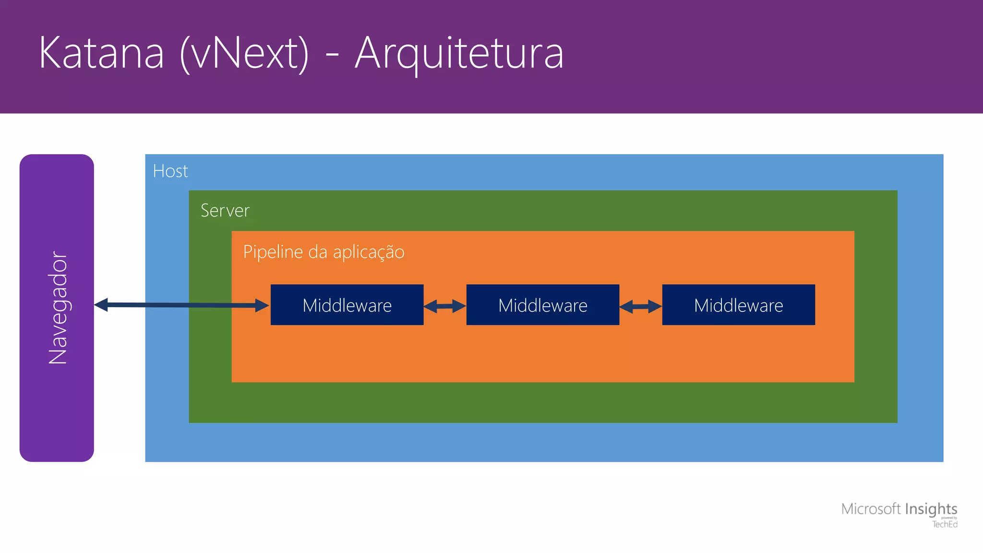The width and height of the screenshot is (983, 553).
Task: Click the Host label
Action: pyautogui.click(x=170, y=171)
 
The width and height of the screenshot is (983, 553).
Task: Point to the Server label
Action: pyautogui.click(x=225, y=211)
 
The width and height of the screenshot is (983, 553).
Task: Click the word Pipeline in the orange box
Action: pyautogui.click(x=273, y=252)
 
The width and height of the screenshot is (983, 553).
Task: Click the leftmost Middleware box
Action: pyautogui.click(x=347, y=305)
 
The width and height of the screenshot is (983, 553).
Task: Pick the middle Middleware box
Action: pyautogui.click(x=542, y=305)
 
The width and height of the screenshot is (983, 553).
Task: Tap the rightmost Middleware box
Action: pyautogui.click(x=738, y=305)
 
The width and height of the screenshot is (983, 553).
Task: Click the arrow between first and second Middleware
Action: pyautogui.click(x=444, y=306)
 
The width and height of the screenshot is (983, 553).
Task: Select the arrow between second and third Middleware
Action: pyautogui.click(x=640, y=306)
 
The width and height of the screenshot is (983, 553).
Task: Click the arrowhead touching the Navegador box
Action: pyautogui.click(x=101, y=304)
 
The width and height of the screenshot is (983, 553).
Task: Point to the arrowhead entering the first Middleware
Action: pyautogui.click(x=262, y=305)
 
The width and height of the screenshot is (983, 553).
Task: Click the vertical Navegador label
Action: pyautogui.click(x=58, y=307)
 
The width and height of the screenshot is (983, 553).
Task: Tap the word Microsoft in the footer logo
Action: pyautogui.click(x=871, y=509)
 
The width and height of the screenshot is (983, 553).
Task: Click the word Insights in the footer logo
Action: pyautogui.click(x=931, y=509)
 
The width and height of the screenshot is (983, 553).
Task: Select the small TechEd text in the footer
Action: pyautogui.click(x=945, y=525)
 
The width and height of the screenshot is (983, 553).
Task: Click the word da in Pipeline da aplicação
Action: pyautogui.click(x=317, y=252)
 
